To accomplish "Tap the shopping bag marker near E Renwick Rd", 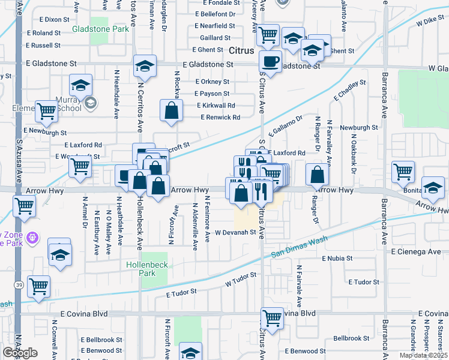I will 172,110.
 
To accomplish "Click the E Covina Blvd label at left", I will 84,314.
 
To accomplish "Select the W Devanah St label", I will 236,232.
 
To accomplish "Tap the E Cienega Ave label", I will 417,252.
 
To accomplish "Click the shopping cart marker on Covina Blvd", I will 272,318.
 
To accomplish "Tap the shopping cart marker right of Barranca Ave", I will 403,172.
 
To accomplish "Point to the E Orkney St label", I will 212,82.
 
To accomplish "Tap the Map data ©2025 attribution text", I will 423,355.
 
